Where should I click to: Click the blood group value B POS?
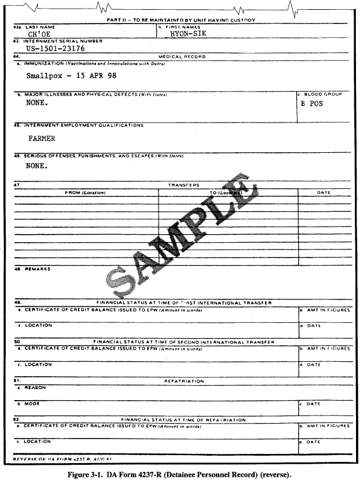tap(311, 104)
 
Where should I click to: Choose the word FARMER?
tap(42, 138)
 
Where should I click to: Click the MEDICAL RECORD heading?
tap(182, 57)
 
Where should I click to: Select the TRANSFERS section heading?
tap(183, 185)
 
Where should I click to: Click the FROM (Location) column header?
tap(86, 192)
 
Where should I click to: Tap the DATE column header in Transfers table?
tap(323, 192)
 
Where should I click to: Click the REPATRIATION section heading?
tap(184, 381)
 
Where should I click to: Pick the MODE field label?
tap(32, 403)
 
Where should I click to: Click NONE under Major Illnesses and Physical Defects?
tap(37, 104)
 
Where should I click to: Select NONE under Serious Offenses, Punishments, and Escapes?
tap(37, 167)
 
